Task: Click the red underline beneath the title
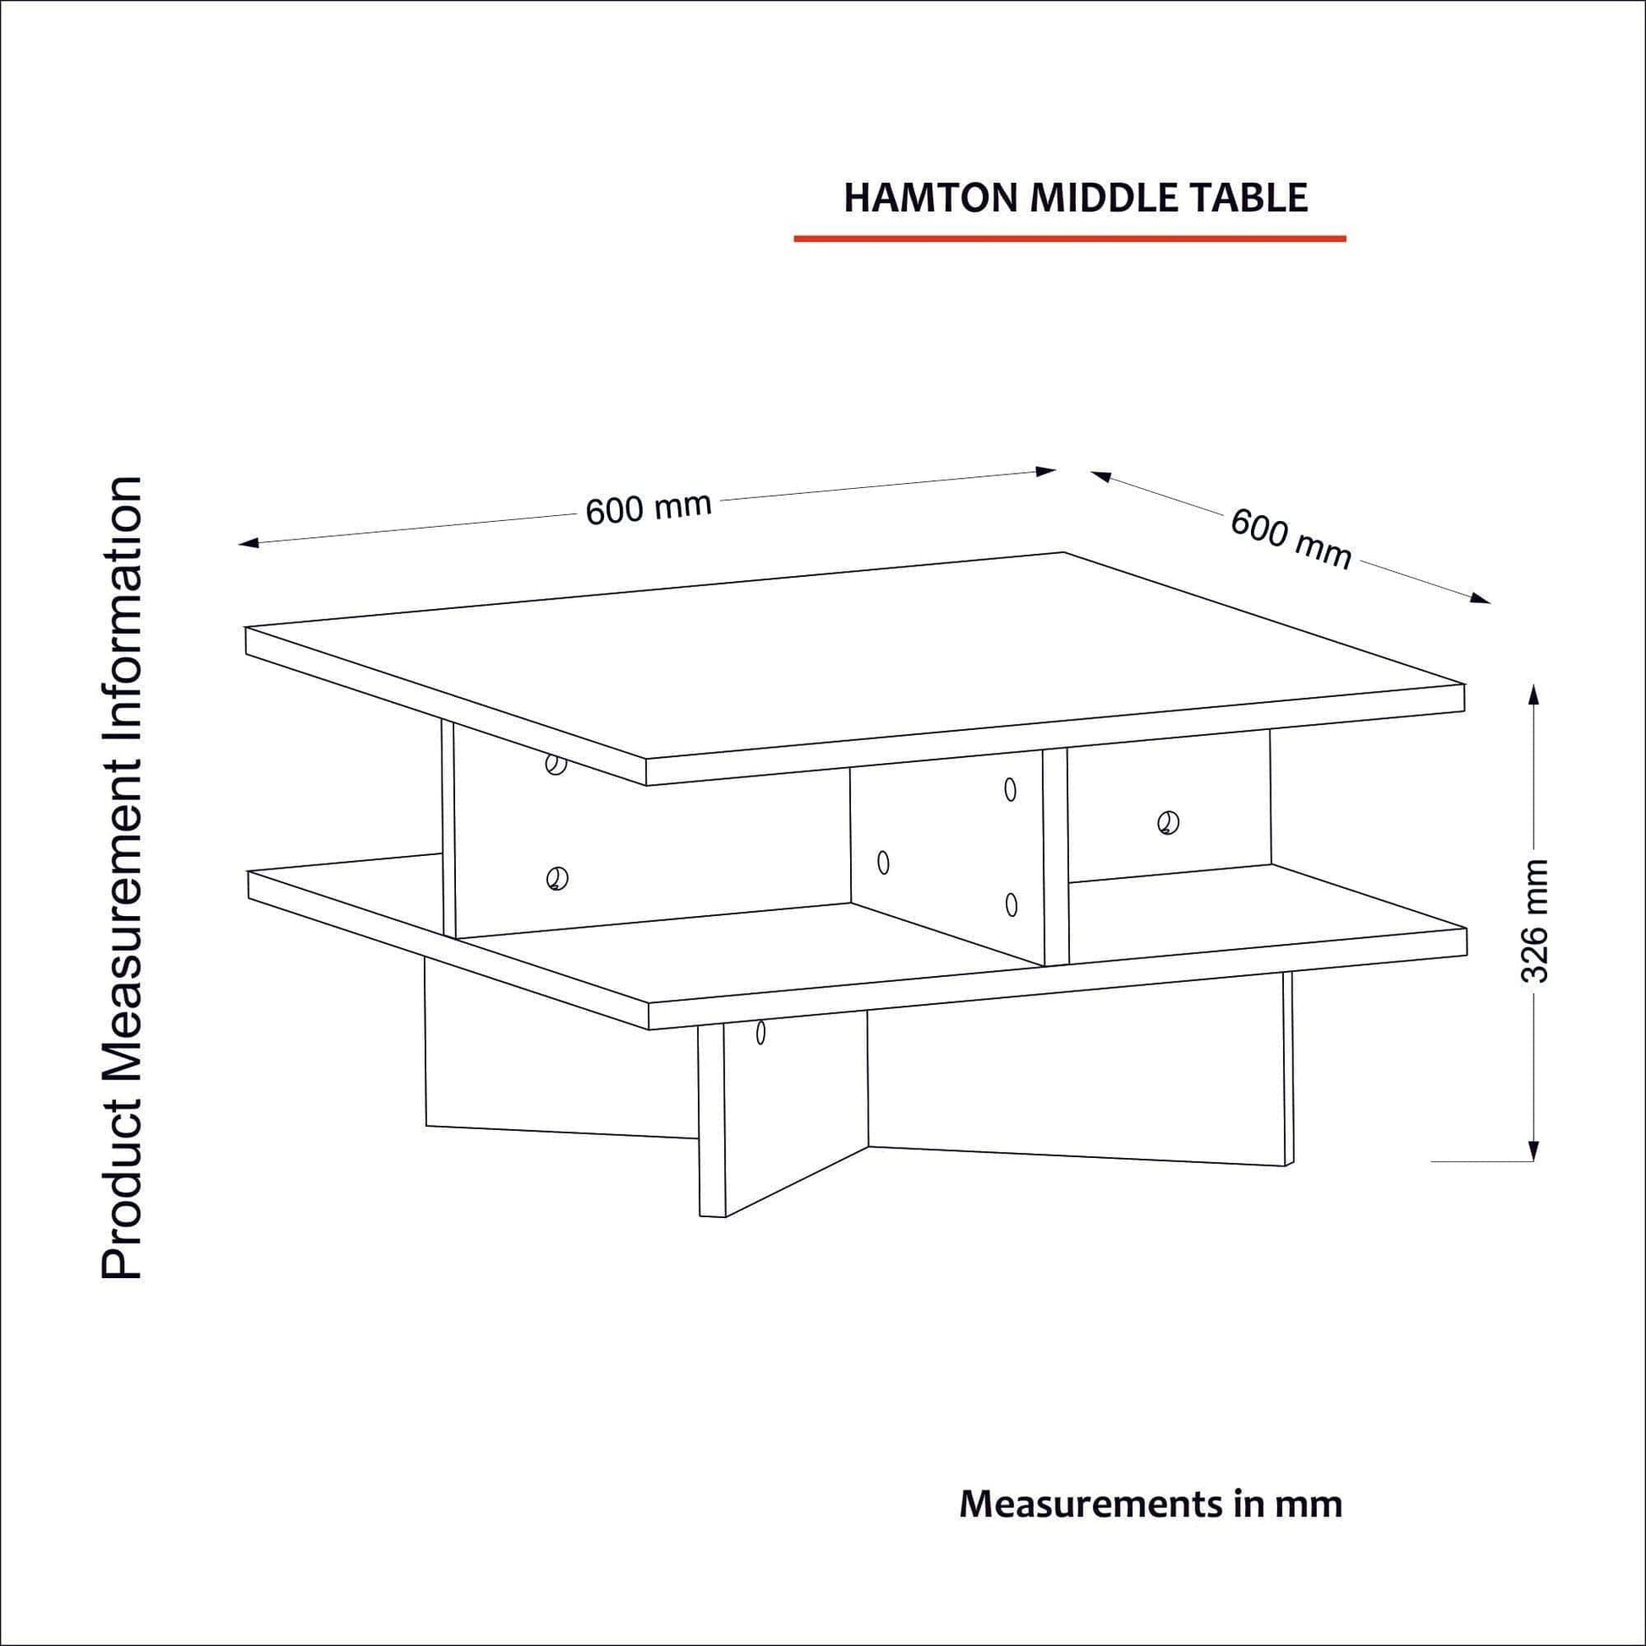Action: pos(1070,239)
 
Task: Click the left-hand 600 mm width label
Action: pos(649,508)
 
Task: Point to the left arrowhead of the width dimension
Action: pos(248,543)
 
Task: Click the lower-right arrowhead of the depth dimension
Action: pos(1482,598)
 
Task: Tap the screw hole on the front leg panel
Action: pos(760,1034)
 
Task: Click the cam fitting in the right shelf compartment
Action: pos(1168,823)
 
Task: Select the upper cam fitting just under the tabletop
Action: pos(556,765)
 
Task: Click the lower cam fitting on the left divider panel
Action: pos(557,877)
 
